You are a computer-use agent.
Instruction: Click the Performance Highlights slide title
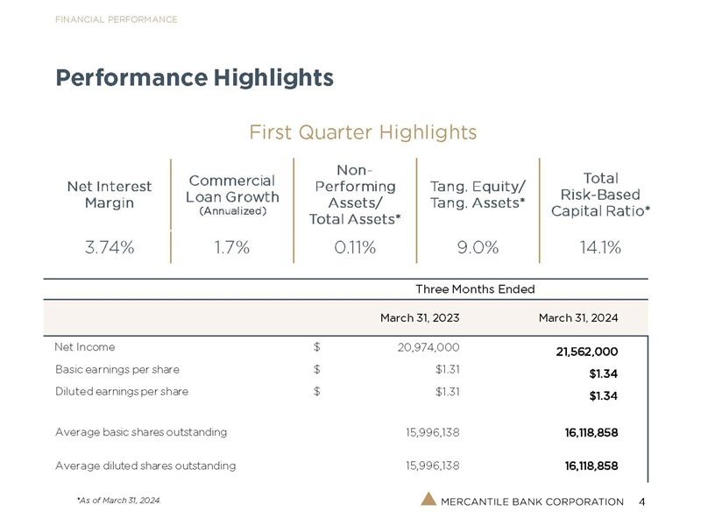[195, 78]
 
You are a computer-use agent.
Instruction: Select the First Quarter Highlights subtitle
[363, 132]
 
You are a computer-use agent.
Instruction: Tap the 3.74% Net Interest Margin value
[110, 247]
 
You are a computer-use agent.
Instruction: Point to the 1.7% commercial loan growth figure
[232, 247]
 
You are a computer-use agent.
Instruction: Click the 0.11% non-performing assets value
[355, 247]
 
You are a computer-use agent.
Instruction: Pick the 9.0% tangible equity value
[478, 247]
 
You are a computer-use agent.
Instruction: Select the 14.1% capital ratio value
[600, 247]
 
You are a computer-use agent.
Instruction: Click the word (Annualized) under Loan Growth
[232, 211]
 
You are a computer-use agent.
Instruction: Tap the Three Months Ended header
[475, 289]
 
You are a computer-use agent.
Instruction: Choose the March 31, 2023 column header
[420, 318]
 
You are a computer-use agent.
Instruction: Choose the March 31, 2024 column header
[578, 318]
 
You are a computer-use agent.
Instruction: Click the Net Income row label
[85, 347]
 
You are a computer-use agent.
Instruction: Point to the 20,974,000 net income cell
[428, 347]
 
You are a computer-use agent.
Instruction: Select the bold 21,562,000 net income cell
[587, 352]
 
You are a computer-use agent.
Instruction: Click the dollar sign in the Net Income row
[317, 347]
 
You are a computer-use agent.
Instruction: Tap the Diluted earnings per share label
[122, 392]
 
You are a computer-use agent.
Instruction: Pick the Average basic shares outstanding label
[141, 432]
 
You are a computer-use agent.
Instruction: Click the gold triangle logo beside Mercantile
[428, 499]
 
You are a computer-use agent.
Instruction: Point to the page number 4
[642, 501]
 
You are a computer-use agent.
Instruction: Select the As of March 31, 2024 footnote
[119, 501]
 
